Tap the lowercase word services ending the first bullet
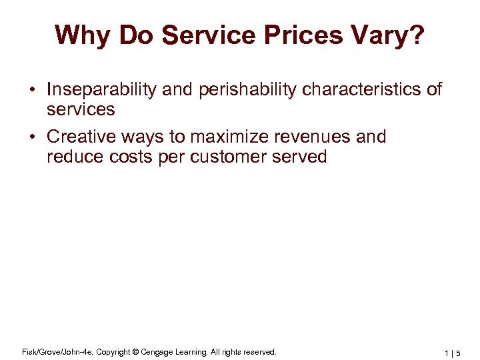tap(81, 109)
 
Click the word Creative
tap(83, 137)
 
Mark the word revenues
tap(318, 137)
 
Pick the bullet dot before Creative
tap(31, 138)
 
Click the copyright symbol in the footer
tap(136, 351)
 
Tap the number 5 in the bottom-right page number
tap(458, 353)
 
